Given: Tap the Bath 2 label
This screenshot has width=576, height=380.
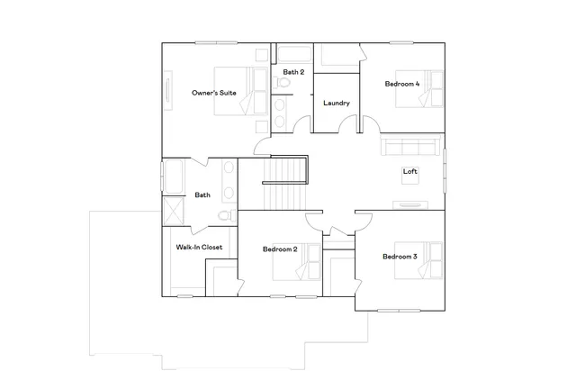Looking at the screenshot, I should [293, 71].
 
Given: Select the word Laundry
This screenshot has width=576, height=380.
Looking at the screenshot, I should [337, 103].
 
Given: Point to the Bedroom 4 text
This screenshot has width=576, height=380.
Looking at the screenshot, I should [402, 84].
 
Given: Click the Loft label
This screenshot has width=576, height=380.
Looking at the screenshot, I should [410, 171].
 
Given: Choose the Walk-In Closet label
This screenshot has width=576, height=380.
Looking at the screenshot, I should [199, 247].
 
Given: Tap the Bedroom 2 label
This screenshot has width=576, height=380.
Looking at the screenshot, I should [280, 249].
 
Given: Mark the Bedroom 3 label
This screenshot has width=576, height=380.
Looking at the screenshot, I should [400, 257].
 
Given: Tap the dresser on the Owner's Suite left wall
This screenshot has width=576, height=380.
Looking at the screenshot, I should [167, 93].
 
